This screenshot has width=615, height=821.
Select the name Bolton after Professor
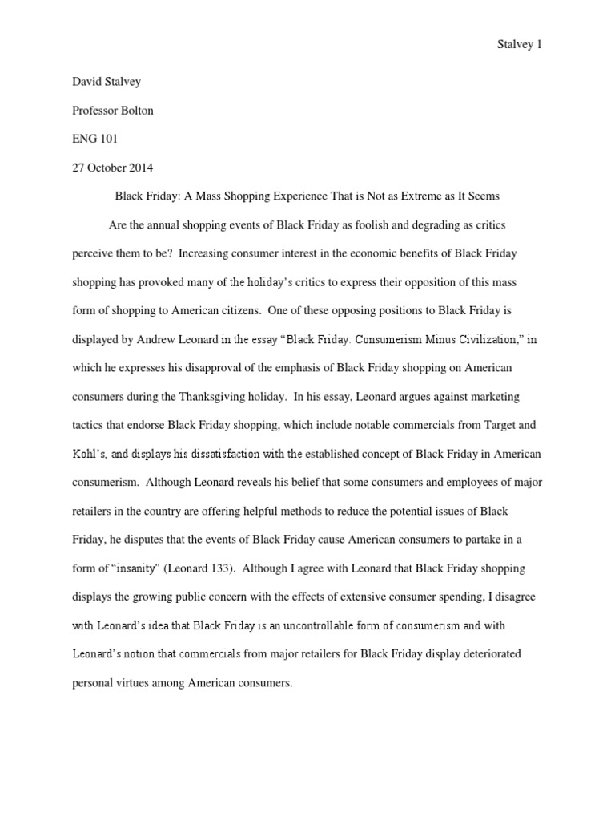point(135,111)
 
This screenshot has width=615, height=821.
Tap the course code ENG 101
point(94,140)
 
